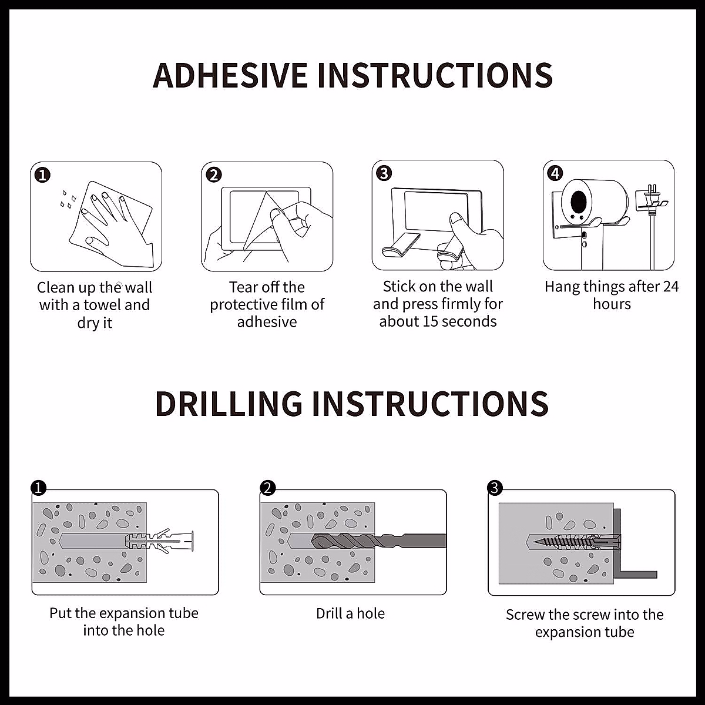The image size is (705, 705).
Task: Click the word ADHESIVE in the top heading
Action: pos(230,76)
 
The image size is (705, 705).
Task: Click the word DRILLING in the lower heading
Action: pos(229,404)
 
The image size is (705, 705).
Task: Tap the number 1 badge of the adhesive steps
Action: pos(42,175)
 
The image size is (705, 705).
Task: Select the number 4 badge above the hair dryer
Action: pos(555,173)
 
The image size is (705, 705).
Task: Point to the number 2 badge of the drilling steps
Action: pos(267,488)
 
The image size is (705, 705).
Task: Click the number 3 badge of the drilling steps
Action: pos(495,488)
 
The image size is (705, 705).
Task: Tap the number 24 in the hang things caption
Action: pos(670,287)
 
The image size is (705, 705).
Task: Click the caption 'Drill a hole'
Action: pos(350,613)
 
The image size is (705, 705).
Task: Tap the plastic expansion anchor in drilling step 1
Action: pos(159,540)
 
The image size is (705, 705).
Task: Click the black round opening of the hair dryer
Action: pos(579,200)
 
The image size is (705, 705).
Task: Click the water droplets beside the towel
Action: pos(68,199)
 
